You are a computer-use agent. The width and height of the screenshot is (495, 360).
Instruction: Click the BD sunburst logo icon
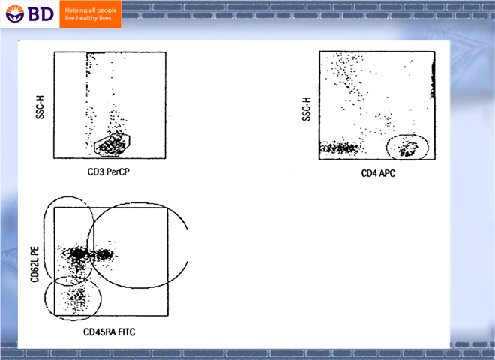(15, 13)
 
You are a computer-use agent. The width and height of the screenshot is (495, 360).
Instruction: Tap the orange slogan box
(90, 14)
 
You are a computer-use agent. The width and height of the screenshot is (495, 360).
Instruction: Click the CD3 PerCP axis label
(109, 172)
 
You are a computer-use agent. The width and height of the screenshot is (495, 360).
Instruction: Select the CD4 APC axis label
(378, 173)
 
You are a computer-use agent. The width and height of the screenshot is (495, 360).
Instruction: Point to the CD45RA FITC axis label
(109, 332)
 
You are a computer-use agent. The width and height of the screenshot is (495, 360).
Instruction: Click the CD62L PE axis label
(34, 264)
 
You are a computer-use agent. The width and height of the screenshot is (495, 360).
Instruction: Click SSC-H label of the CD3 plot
(40, 107)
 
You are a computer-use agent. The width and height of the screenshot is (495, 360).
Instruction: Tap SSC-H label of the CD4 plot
(307, 109)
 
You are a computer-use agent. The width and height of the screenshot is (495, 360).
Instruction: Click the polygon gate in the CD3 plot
(94, 146)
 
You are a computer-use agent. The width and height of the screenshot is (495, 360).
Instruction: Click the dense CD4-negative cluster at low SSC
(339, 148)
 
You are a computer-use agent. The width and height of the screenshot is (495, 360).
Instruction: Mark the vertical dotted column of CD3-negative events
(87, 101)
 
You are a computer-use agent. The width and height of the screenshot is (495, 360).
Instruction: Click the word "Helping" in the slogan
(76, 10)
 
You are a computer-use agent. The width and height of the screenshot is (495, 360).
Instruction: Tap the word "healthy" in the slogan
(87, 18)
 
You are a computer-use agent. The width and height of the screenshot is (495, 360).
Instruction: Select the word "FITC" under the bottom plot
(127, 332)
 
